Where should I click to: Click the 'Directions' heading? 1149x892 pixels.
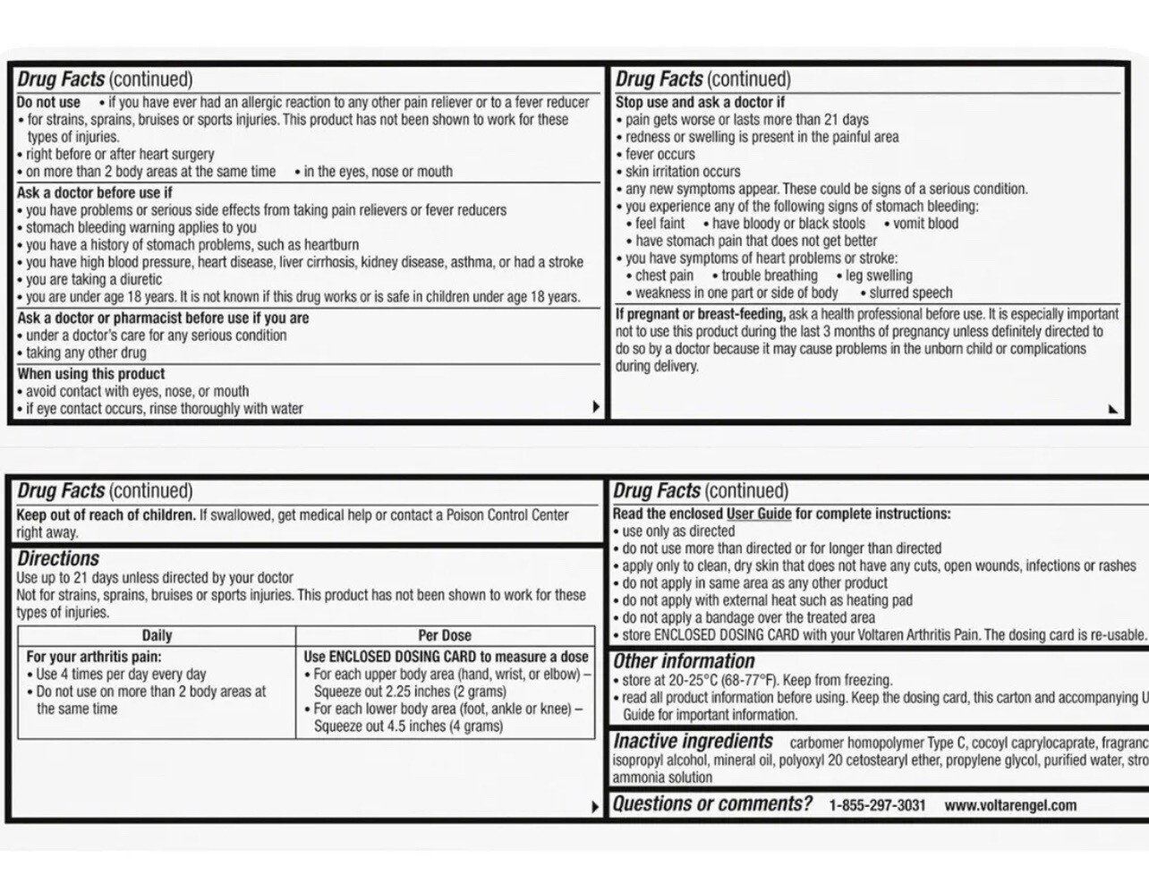tap(58, 559)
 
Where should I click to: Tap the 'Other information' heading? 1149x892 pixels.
tap(684, 661)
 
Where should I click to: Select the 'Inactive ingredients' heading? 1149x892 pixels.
tap(693, 742)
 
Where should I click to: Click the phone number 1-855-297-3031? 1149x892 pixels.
tap(877, 805)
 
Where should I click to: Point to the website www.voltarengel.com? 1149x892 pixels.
tap(1010, 805)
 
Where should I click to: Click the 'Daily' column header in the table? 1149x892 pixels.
tap(157, 635)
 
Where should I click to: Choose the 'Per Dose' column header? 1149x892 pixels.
tap(445, 635)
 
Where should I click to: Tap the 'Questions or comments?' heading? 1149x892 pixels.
tap(712, 804)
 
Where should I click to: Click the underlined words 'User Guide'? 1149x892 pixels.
tap(759, 514)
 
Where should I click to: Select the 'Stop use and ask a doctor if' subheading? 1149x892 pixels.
tap(700, 102)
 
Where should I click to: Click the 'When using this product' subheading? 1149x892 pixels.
tap(90, 374)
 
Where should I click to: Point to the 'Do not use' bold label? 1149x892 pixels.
tap(48, 102)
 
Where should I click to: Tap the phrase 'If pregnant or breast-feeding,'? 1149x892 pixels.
tap(700, 314)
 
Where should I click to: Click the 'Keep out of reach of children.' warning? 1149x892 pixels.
tap(106, 515)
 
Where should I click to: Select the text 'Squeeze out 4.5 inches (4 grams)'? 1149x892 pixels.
tap(408, 726)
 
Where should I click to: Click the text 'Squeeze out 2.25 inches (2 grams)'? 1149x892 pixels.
tap(410, 692)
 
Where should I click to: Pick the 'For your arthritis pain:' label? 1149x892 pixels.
tap(94, 657)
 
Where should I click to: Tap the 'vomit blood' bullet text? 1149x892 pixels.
tap(925, 224)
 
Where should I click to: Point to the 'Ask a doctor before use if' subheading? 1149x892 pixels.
tap(94, 192)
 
